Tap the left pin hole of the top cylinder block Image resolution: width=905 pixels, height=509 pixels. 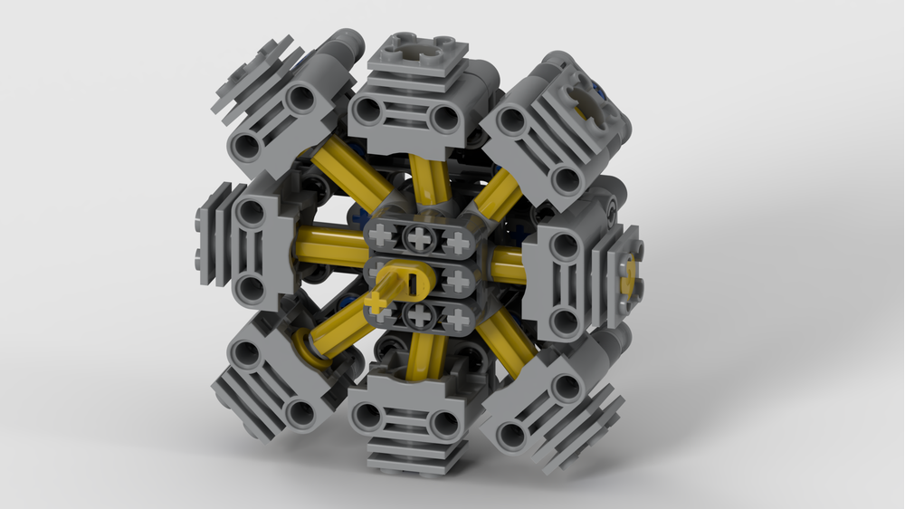click(x=367, y=111)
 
